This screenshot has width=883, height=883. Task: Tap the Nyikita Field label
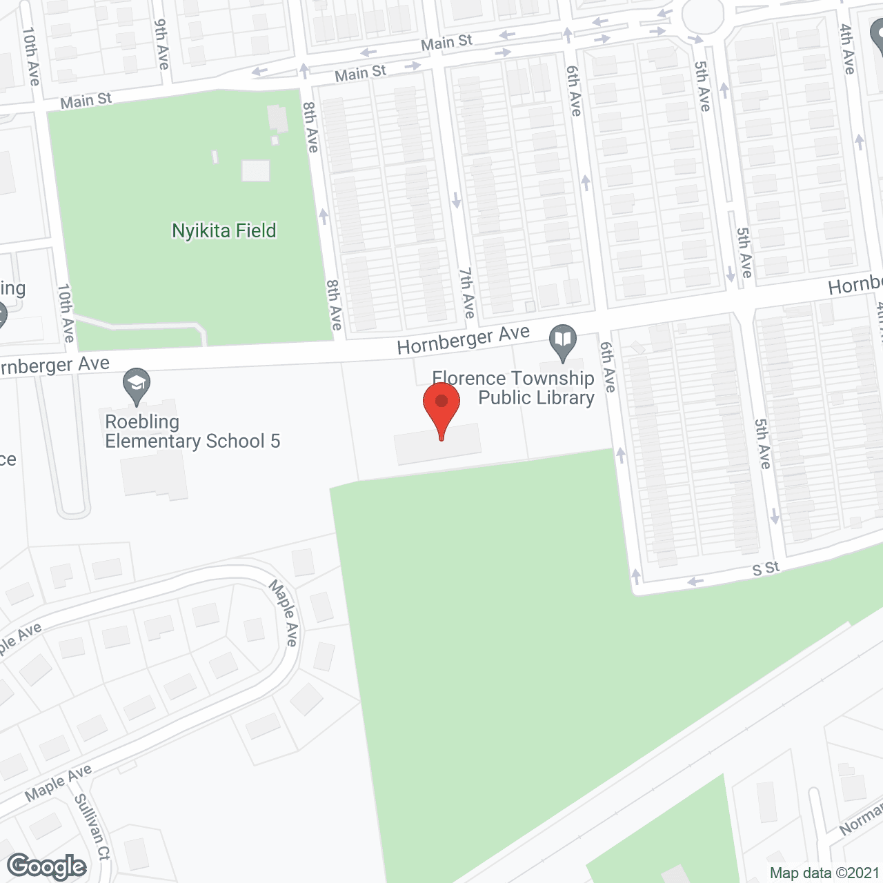click(224, 230)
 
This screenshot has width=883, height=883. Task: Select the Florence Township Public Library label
click(514, 388)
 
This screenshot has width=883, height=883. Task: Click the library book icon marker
click(563, 340)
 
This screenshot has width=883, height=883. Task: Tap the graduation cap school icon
click(137, 384)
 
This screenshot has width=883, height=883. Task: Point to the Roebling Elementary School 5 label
click(192, 431)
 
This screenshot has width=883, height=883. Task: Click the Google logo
click(47, 866)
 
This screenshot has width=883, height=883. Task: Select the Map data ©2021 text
click(824, 873)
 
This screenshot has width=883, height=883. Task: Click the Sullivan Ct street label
click(92, 827)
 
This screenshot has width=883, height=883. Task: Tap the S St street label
click(766, 568)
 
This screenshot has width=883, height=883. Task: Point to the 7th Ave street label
click(467, 293)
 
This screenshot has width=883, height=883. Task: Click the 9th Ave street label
click(161, 44)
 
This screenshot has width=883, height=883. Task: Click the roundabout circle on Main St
click(703, 14)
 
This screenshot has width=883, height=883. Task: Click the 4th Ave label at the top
click(847, 49)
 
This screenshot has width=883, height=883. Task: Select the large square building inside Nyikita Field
click(255, 170)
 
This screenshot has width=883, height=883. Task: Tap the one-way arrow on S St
click(695, 582)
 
